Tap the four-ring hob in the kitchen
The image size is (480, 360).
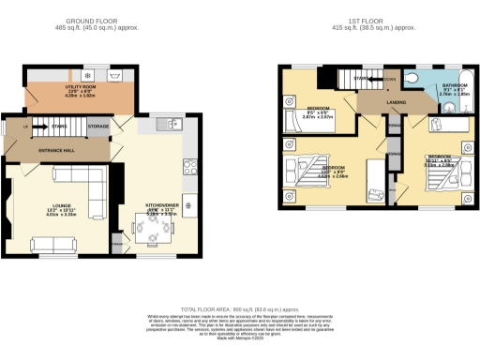(x=188, y=205)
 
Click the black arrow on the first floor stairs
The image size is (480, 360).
(x=370, y=81)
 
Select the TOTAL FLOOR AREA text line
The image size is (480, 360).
(x=239, y=308)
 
